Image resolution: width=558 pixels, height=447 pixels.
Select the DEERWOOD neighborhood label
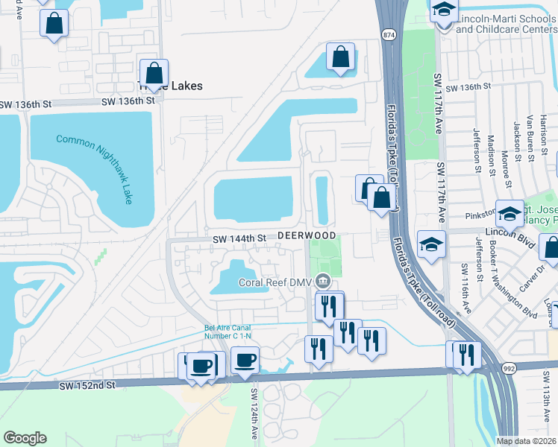click(307, 235)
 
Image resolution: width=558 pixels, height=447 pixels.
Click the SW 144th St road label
click(239, 238)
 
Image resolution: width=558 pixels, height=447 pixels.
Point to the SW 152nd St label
click(88, 385)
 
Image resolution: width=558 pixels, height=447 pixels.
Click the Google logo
click(25, 438)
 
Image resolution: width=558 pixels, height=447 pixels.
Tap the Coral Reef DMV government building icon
click(323, 282)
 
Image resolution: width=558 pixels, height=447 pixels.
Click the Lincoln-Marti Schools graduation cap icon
click(444, 10)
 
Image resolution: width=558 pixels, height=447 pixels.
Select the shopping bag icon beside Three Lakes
click(154, 73)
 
